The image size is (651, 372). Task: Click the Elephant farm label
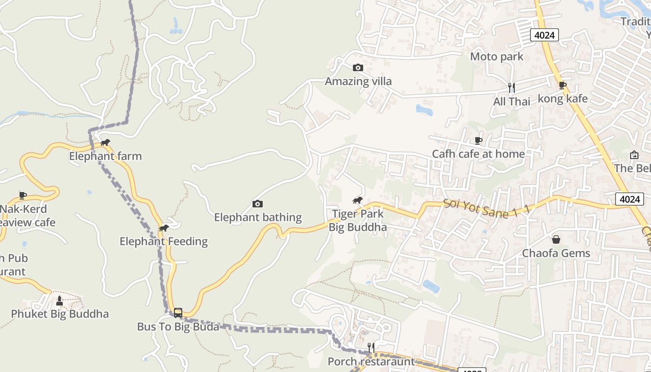pos(105,156)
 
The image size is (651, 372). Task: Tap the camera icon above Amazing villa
pos(358,68)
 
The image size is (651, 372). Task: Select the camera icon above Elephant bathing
pos(257,204)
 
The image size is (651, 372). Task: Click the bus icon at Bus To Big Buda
pos(178,313)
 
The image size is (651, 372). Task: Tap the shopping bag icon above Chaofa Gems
pos(556,240)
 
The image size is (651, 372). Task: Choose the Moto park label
pos(497,57)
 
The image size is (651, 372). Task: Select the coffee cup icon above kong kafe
pos(562,85)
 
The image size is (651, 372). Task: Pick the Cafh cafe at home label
pos(478,154)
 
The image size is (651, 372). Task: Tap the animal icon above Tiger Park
pos(357,200)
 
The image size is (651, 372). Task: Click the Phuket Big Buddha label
pos(60,314)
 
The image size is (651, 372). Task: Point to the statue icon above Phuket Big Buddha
pos(59,300)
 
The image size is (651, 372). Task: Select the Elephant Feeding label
pos(163,241)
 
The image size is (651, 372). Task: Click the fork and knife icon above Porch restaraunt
pos(371,348)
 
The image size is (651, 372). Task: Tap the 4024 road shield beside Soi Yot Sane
pos(630,199)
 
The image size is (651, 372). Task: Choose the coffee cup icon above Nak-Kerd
pos(22,195)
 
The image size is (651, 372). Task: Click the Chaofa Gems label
pos(556,253)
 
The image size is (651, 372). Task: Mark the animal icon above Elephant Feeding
pos(163,228)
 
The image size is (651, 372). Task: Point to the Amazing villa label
pos(358,81)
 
